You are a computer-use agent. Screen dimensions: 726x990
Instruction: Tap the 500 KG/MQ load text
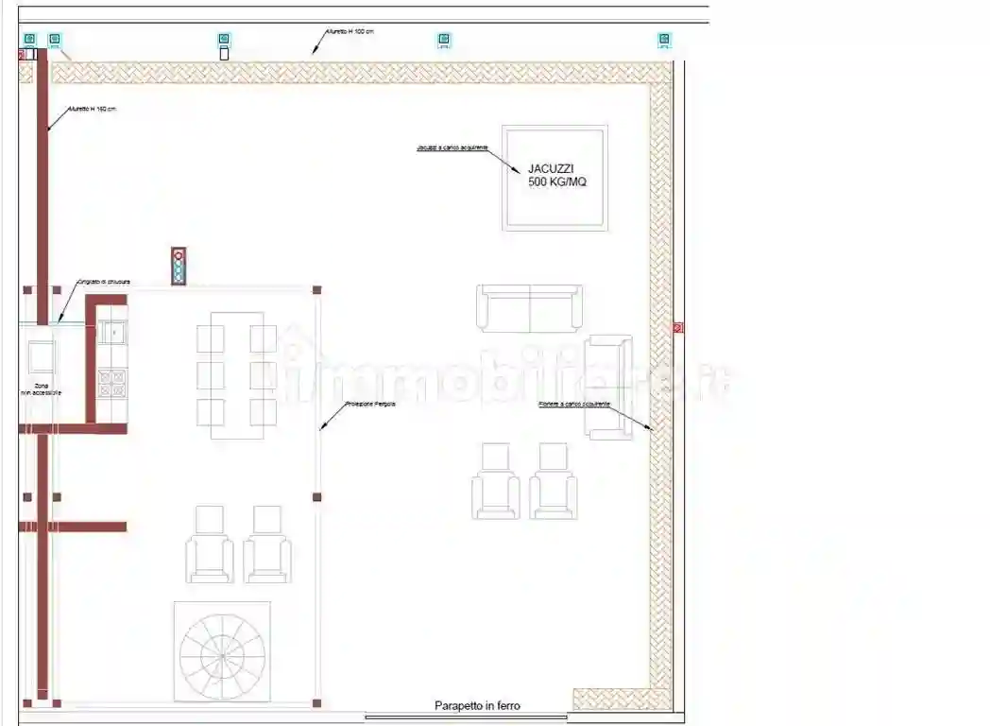click(x=556, y=181)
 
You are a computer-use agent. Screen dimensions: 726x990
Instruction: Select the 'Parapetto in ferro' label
click(x=477, y=705)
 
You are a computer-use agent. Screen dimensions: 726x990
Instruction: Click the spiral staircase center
click(x=222, y=651)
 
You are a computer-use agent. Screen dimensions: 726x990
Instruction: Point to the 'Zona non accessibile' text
click(x=41, y=388)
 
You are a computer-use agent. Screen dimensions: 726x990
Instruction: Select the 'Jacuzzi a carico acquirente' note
click(x=452, y=148)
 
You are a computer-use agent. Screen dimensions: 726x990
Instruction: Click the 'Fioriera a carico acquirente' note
click(x=573, y=404)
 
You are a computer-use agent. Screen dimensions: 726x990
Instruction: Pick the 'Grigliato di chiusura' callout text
click(x=103, y=282)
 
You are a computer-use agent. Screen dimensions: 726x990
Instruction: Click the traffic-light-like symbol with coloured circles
click(x=178, y=266)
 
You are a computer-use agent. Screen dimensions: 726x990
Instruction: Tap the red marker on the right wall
click(x=677, y=328)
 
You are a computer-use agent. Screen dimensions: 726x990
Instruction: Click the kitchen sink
click(x=111, y=333)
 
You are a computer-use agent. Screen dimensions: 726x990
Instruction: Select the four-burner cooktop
click(x=111, y=383)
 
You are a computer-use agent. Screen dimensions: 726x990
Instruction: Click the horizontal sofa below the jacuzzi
click(x=529, y=308)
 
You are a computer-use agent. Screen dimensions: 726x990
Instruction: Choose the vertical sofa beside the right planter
click(x=608, y=386)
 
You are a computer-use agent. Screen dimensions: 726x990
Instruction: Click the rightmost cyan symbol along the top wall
click(x=664, y=40)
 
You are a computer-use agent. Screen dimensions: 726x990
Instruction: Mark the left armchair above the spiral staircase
click(x=210, y=545)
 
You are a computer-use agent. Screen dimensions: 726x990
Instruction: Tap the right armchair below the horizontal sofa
click(x=553, y=482)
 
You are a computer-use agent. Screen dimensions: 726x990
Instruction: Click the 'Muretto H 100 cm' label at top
click(x=350, y=31)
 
